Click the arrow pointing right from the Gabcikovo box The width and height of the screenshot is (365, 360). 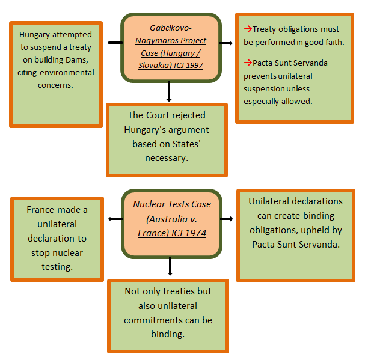coord(226,43)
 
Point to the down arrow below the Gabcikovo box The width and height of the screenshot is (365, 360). coord(170,91)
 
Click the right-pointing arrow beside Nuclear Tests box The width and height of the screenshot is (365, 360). coord(226,219)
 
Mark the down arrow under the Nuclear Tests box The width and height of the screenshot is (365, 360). coord(170,266)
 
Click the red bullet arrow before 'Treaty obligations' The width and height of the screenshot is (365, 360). coord(247,29)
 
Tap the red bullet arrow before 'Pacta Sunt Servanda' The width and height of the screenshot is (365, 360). coord(247,63)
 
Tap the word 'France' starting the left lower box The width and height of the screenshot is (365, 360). coord(41,210)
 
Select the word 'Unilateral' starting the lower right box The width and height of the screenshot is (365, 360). coord(269,201)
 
